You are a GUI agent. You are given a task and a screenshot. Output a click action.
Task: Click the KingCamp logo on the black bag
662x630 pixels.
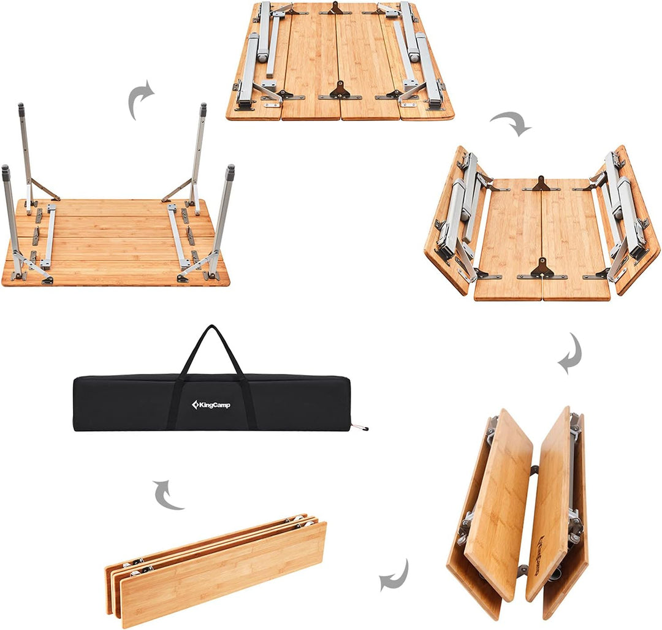point(211,404)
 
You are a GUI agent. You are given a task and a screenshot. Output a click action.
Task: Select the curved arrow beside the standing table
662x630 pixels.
point(140,99)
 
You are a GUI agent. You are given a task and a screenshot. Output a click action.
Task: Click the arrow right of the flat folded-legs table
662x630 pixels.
point(511,123)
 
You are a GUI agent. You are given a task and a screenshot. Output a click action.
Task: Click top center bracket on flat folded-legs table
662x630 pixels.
point(336,9)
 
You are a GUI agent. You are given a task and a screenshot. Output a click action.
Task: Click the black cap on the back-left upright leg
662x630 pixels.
point(21,111)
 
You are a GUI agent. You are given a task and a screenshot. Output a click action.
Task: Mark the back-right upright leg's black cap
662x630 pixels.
point(203,111)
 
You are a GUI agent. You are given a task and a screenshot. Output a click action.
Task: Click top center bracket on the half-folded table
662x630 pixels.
point(541,184)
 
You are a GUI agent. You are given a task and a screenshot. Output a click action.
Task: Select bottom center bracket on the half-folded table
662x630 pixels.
point(542,268)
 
